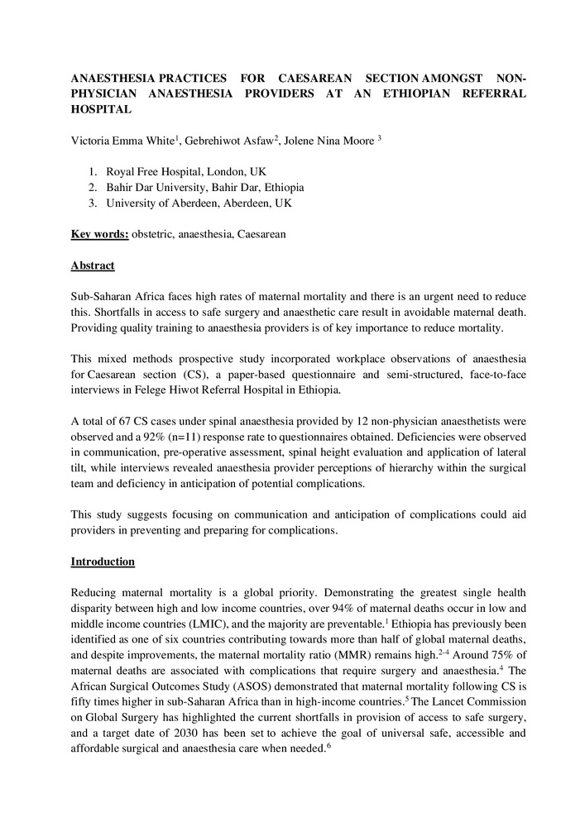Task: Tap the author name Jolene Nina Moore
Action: [328, 140]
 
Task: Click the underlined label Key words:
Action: [99, 235]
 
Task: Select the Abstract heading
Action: [93, 265]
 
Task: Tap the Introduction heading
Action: [103, 562]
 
